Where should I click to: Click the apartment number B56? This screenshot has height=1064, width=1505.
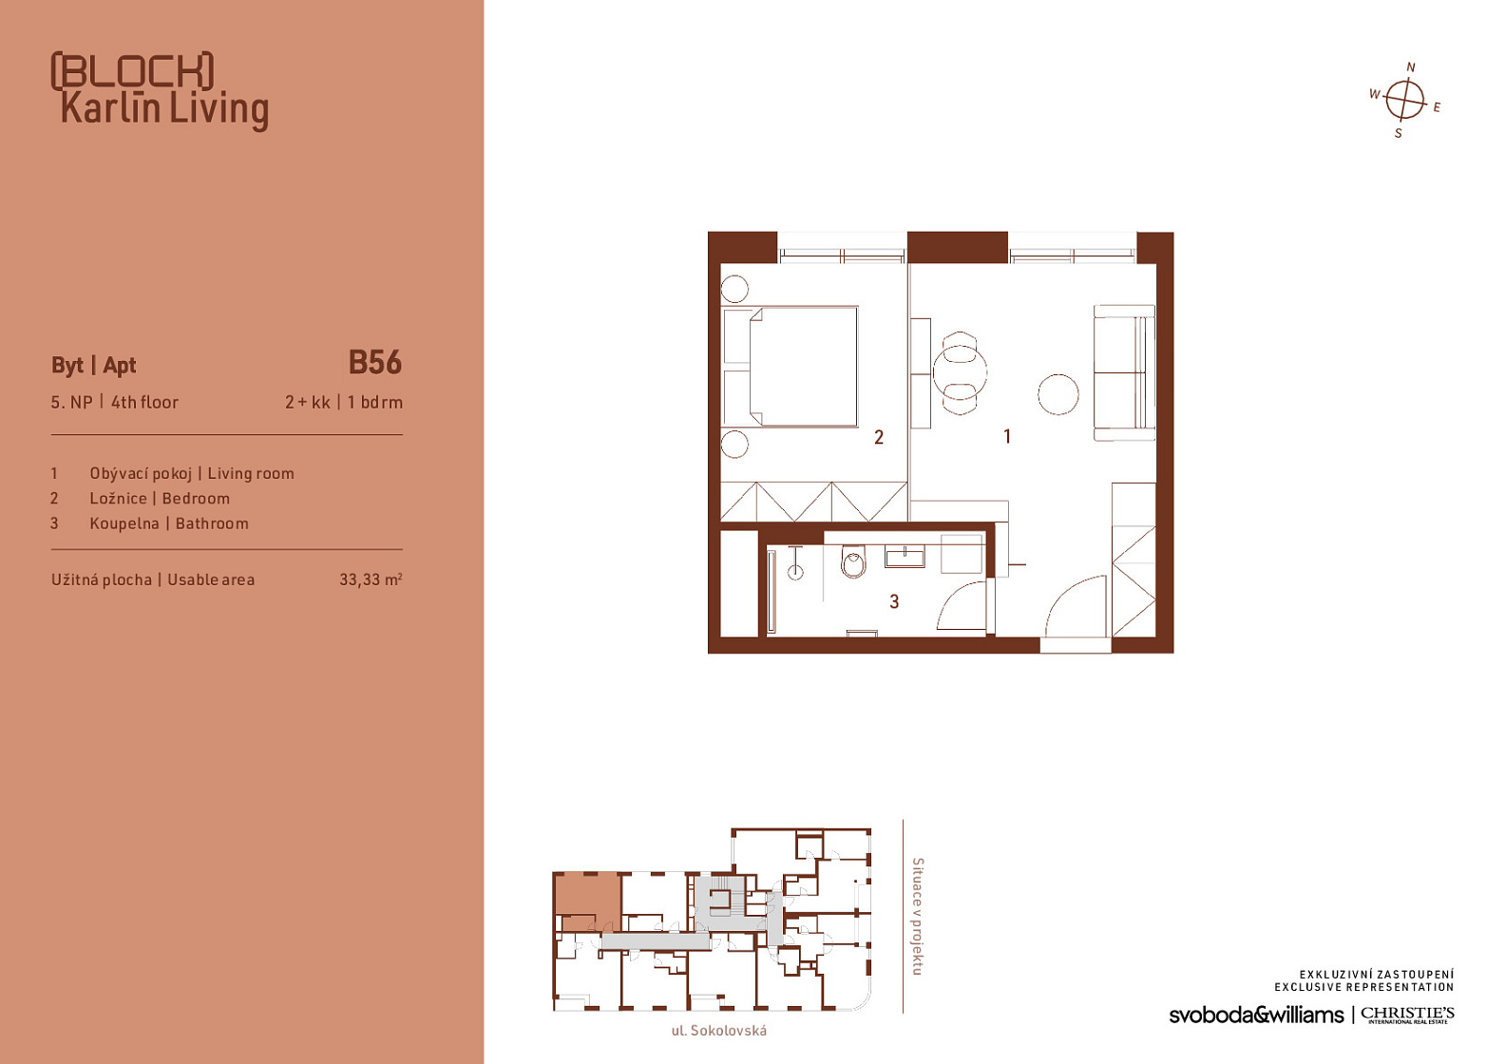pyautogui.click(x=375, y=363)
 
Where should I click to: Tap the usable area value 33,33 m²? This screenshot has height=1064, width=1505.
pyautogui.click(x=371, y=579)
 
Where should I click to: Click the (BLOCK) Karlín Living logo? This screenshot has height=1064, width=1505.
pyautogui.click(x=161, y=90)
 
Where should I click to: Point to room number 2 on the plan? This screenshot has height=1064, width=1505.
pyautogui.click(x=879, y=437)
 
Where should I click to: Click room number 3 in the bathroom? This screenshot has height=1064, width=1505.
pyautogui.click(x=894, y=602)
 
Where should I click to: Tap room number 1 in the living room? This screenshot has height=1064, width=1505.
pyautogui.click(x=1007, y=437)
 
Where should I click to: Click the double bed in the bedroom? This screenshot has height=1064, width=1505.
pyautogui.click(x=791, y=367)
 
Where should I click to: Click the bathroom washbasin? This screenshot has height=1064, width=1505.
pyautogui.click(x=905, y=557)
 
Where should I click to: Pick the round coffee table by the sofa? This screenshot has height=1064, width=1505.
pyautogui.click(x=1058, y=394)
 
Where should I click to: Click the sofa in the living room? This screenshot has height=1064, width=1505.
pyautogui.click(x=1124, y=372)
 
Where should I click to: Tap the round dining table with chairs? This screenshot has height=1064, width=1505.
pyautogui.click(x=960, y=372)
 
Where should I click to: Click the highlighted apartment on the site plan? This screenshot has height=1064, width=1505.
pyautogui.click(x=586, y=901)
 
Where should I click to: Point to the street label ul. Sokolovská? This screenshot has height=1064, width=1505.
pyautogui.click(x=719, y=1031)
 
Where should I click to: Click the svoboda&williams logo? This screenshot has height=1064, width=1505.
pyautogui.click(x=1256, y=1015)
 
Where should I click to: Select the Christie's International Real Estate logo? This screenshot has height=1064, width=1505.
pyautogui.click(x=1407, y=1015)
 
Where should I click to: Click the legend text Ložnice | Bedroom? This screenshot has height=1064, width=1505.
pyautogui.click(x=160, y=499)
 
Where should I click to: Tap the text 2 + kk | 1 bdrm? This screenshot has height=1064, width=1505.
pyautogui.click(x=344, y=403)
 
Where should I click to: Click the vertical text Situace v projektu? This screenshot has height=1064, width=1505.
pyautogui.click(x=917, y=916)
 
